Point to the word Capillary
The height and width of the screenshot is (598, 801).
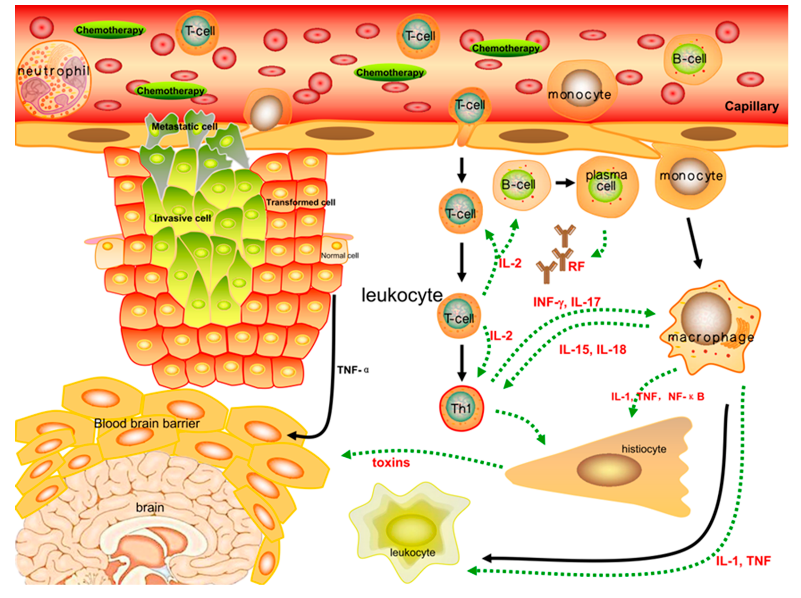pos(751,106)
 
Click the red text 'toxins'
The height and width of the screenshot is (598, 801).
pos(391,463)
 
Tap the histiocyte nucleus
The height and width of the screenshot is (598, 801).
pos(609,470)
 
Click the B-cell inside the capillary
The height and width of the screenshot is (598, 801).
pos(689,59)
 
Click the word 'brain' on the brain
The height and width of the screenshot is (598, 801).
pos(150,507)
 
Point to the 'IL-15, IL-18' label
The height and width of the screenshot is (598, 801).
pos(592,350)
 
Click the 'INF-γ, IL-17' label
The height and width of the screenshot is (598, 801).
pos(567,302)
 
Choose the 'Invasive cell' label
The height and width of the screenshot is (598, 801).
pos(182,218)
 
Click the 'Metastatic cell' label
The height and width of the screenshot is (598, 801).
pos(184,127)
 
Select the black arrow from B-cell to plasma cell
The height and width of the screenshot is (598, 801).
pos(565,183)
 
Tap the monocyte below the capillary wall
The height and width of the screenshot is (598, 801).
pos(691,177)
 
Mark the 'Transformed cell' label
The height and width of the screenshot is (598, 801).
pos(301,202)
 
